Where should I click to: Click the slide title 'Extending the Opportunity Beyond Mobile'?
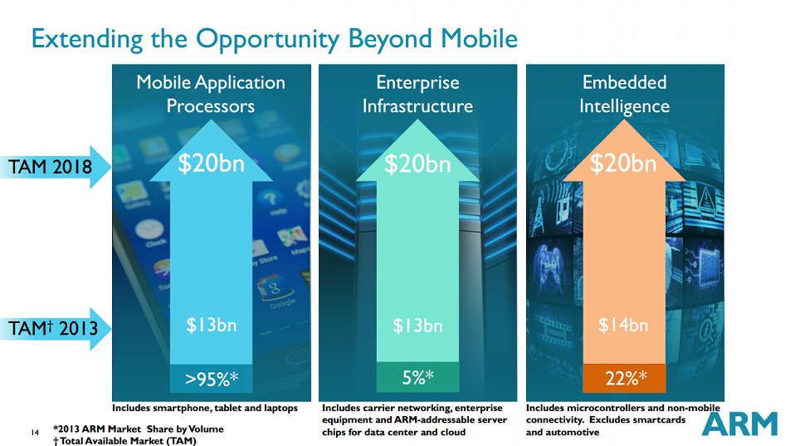point(274,38)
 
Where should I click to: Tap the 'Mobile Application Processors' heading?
point(211,94)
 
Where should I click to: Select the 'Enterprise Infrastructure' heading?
point(417,94)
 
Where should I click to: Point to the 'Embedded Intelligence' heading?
point(624,94)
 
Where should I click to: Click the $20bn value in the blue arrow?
point(211,164)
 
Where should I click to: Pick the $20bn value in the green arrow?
point(417,164)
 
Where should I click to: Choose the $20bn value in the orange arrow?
point(623,164)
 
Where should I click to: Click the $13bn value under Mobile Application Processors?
point(211,325)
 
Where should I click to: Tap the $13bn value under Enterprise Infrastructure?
point(417,325)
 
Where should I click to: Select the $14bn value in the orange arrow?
point(623,325)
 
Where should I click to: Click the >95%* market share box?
point(211,379)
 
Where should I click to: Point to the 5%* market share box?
point(417,378)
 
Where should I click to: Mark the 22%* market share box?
point(624,379)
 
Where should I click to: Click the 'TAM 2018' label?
point(51,167)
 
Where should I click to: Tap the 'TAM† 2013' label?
point(53,328)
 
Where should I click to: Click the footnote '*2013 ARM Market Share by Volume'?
point(138,429)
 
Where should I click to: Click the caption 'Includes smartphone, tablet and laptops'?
point(205,409)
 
